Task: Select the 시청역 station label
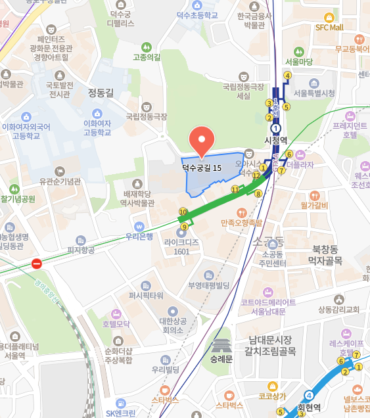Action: (x=275, y=140)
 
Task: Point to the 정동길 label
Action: (x=101, y=93)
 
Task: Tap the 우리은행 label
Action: (x=139, y=236)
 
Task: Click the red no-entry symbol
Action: (x=37, y=264)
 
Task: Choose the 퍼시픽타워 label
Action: (x=146, y=296)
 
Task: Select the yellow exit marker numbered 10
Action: (x=183, y=212)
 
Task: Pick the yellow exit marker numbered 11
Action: (x=235, y=189)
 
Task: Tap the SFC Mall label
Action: (x=329, y=28)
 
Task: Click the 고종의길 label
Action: (x=147, y=57)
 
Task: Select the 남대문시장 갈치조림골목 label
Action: (x=269, y=345)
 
